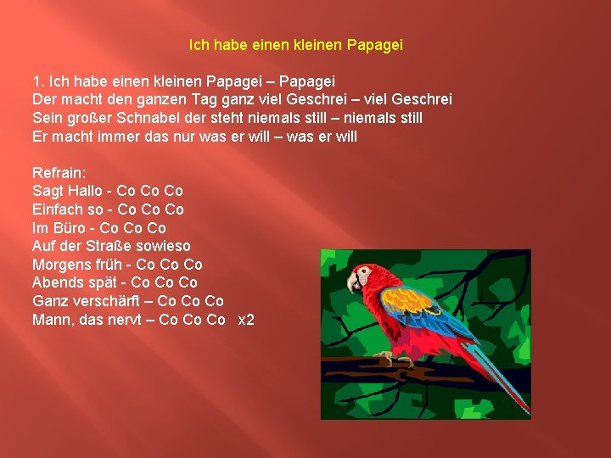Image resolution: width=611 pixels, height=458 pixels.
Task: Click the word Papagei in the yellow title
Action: [375, 43]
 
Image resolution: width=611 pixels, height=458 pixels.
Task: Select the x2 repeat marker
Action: [246, 320]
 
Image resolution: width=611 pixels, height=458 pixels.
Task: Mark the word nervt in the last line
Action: [128, 320]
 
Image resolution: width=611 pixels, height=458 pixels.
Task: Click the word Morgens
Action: [60, 265]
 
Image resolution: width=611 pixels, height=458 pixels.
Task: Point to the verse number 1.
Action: [36, 81]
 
